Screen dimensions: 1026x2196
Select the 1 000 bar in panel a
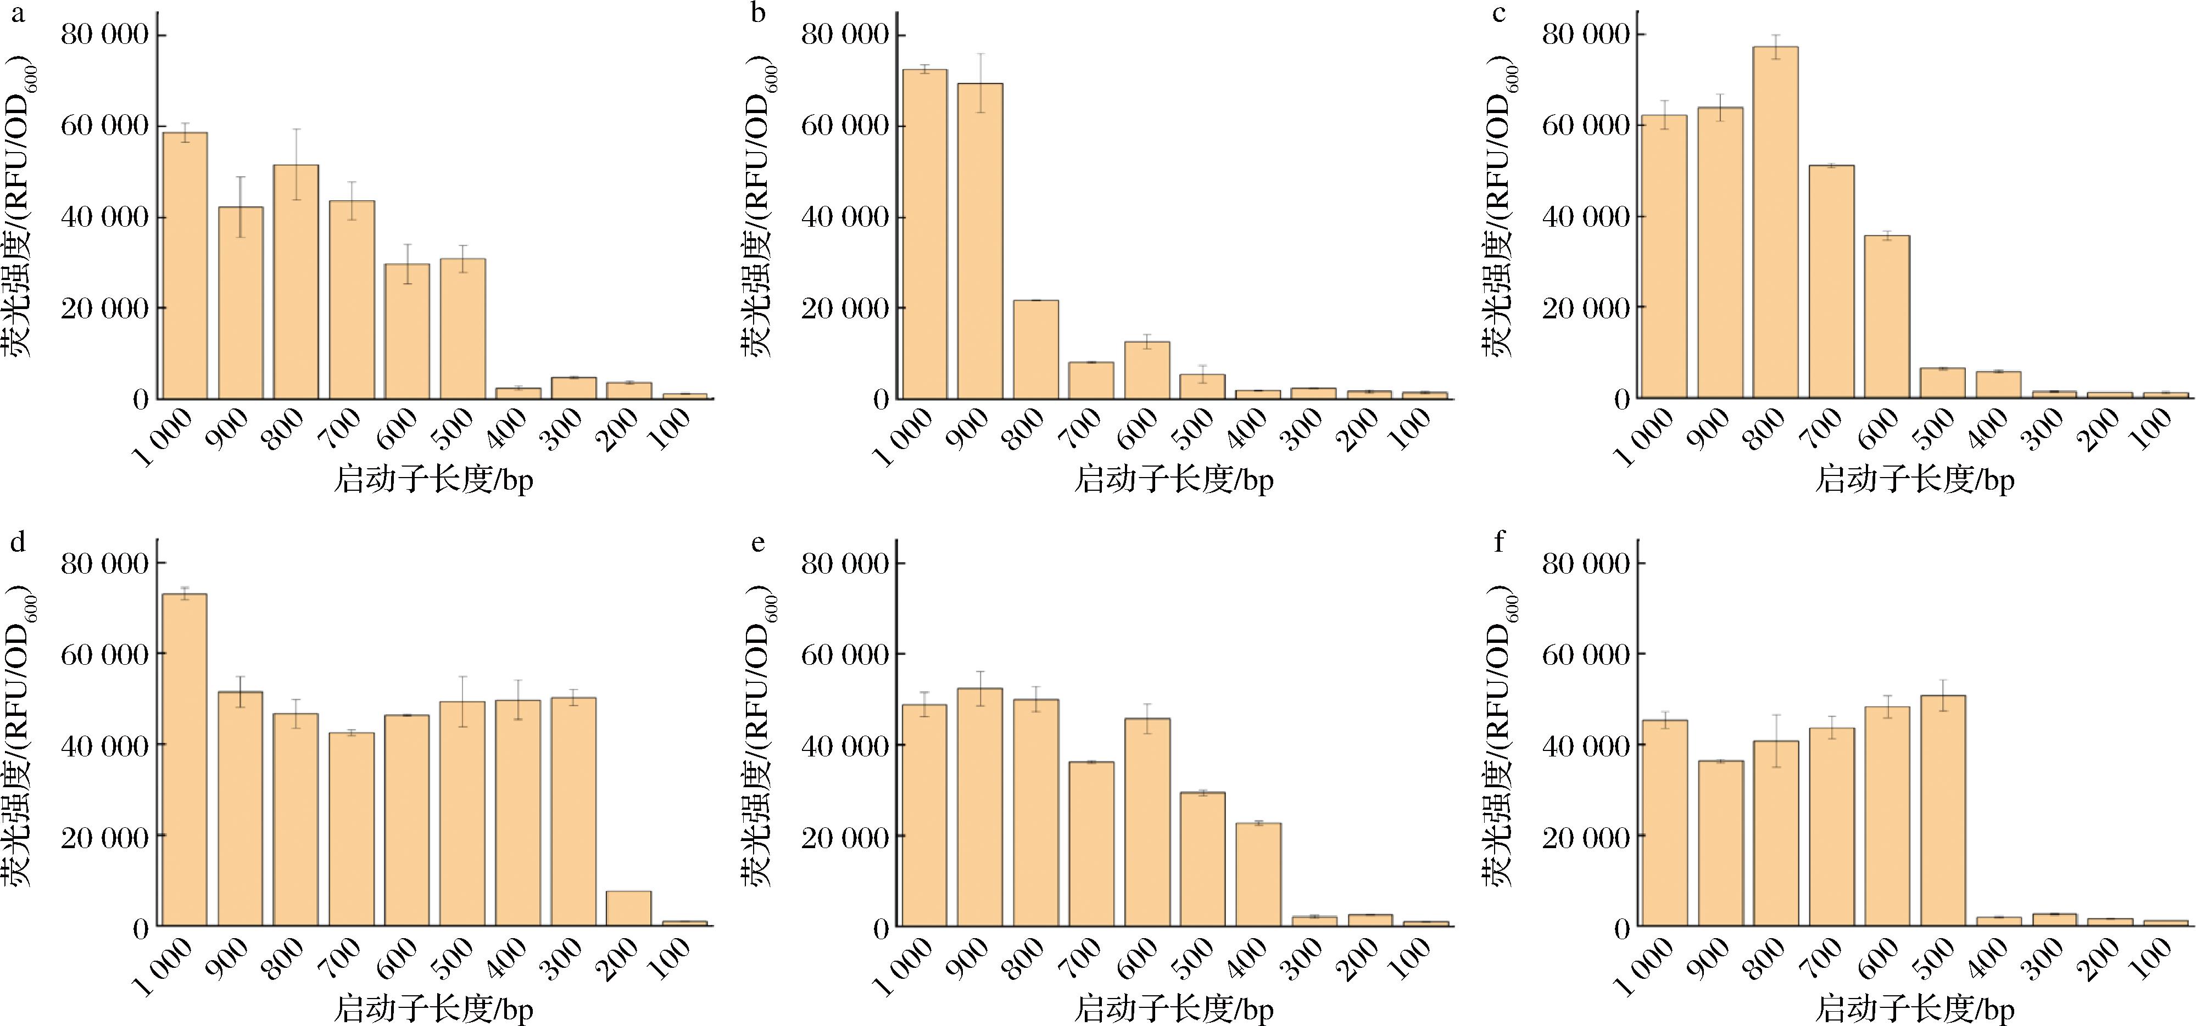coord(185,266)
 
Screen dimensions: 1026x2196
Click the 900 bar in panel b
coord(980,241)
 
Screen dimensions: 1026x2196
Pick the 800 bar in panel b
coord(1036,349)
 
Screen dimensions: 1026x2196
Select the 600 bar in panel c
coord(1887,317)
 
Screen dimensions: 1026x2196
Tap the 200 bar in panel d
coord(629,909)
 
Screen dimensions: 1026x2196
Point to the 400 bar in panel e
coord(1258,874)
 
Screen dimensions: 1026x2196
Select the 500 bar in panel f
coord(1943,810)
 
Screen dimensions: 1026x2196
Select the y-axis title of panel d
coord(19,738)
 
